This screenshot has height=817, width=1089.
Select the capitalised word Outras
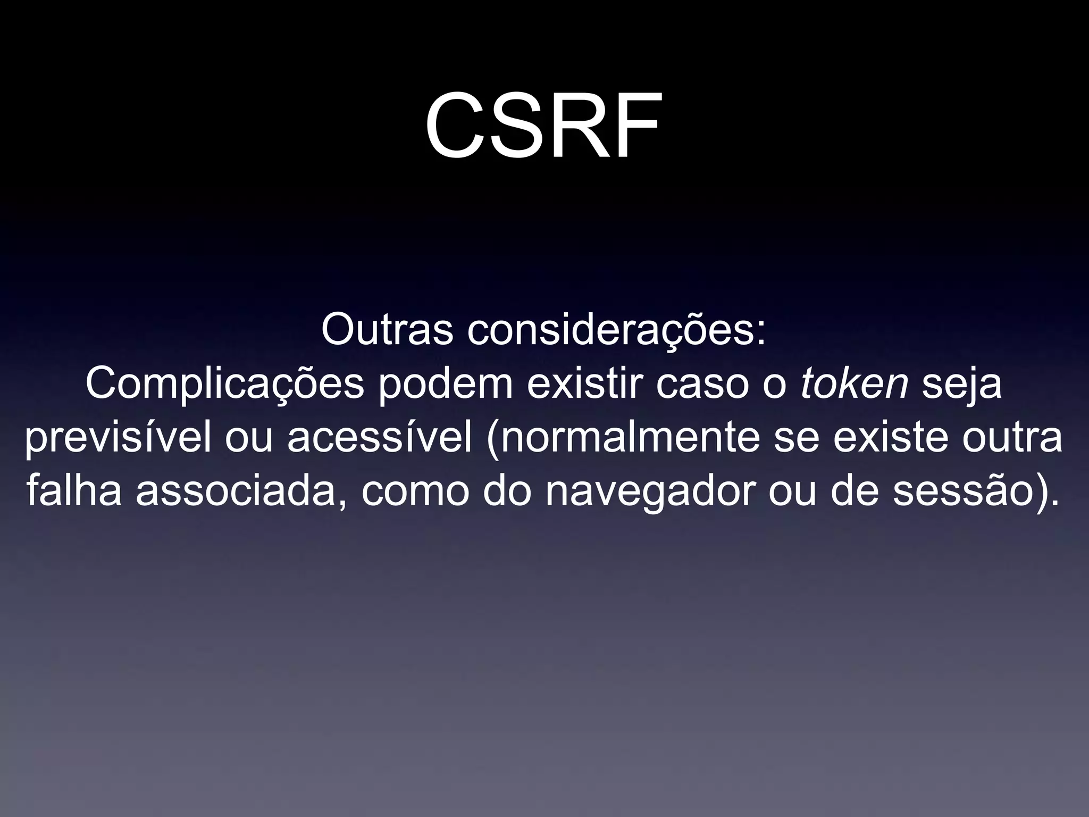coord(387,330)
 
